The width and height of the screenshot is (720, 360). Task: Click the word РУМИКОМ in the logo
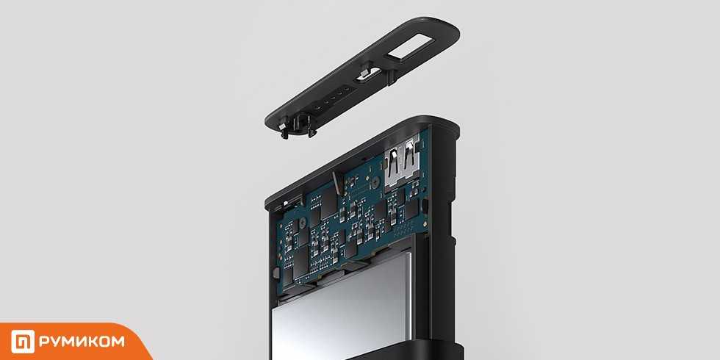click(x=82, y=341)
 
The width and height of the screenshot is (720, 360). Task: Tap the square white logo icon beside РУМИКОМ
click(x=23, y=341)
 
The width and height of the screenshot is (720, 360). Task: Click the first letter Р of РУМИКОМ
click(x=44, y=341)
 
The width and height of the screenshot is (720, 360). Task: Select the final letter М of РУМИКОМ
click(x=118, y=341)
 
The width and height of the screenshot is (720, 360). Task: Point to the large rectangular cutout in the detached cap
click(x=410, y=48)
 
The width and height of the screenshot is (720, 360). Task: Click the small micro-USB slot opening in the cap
click(x=369, y=74)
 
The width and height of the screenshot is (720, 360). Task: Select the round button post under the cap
click(x=300, y=125)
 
